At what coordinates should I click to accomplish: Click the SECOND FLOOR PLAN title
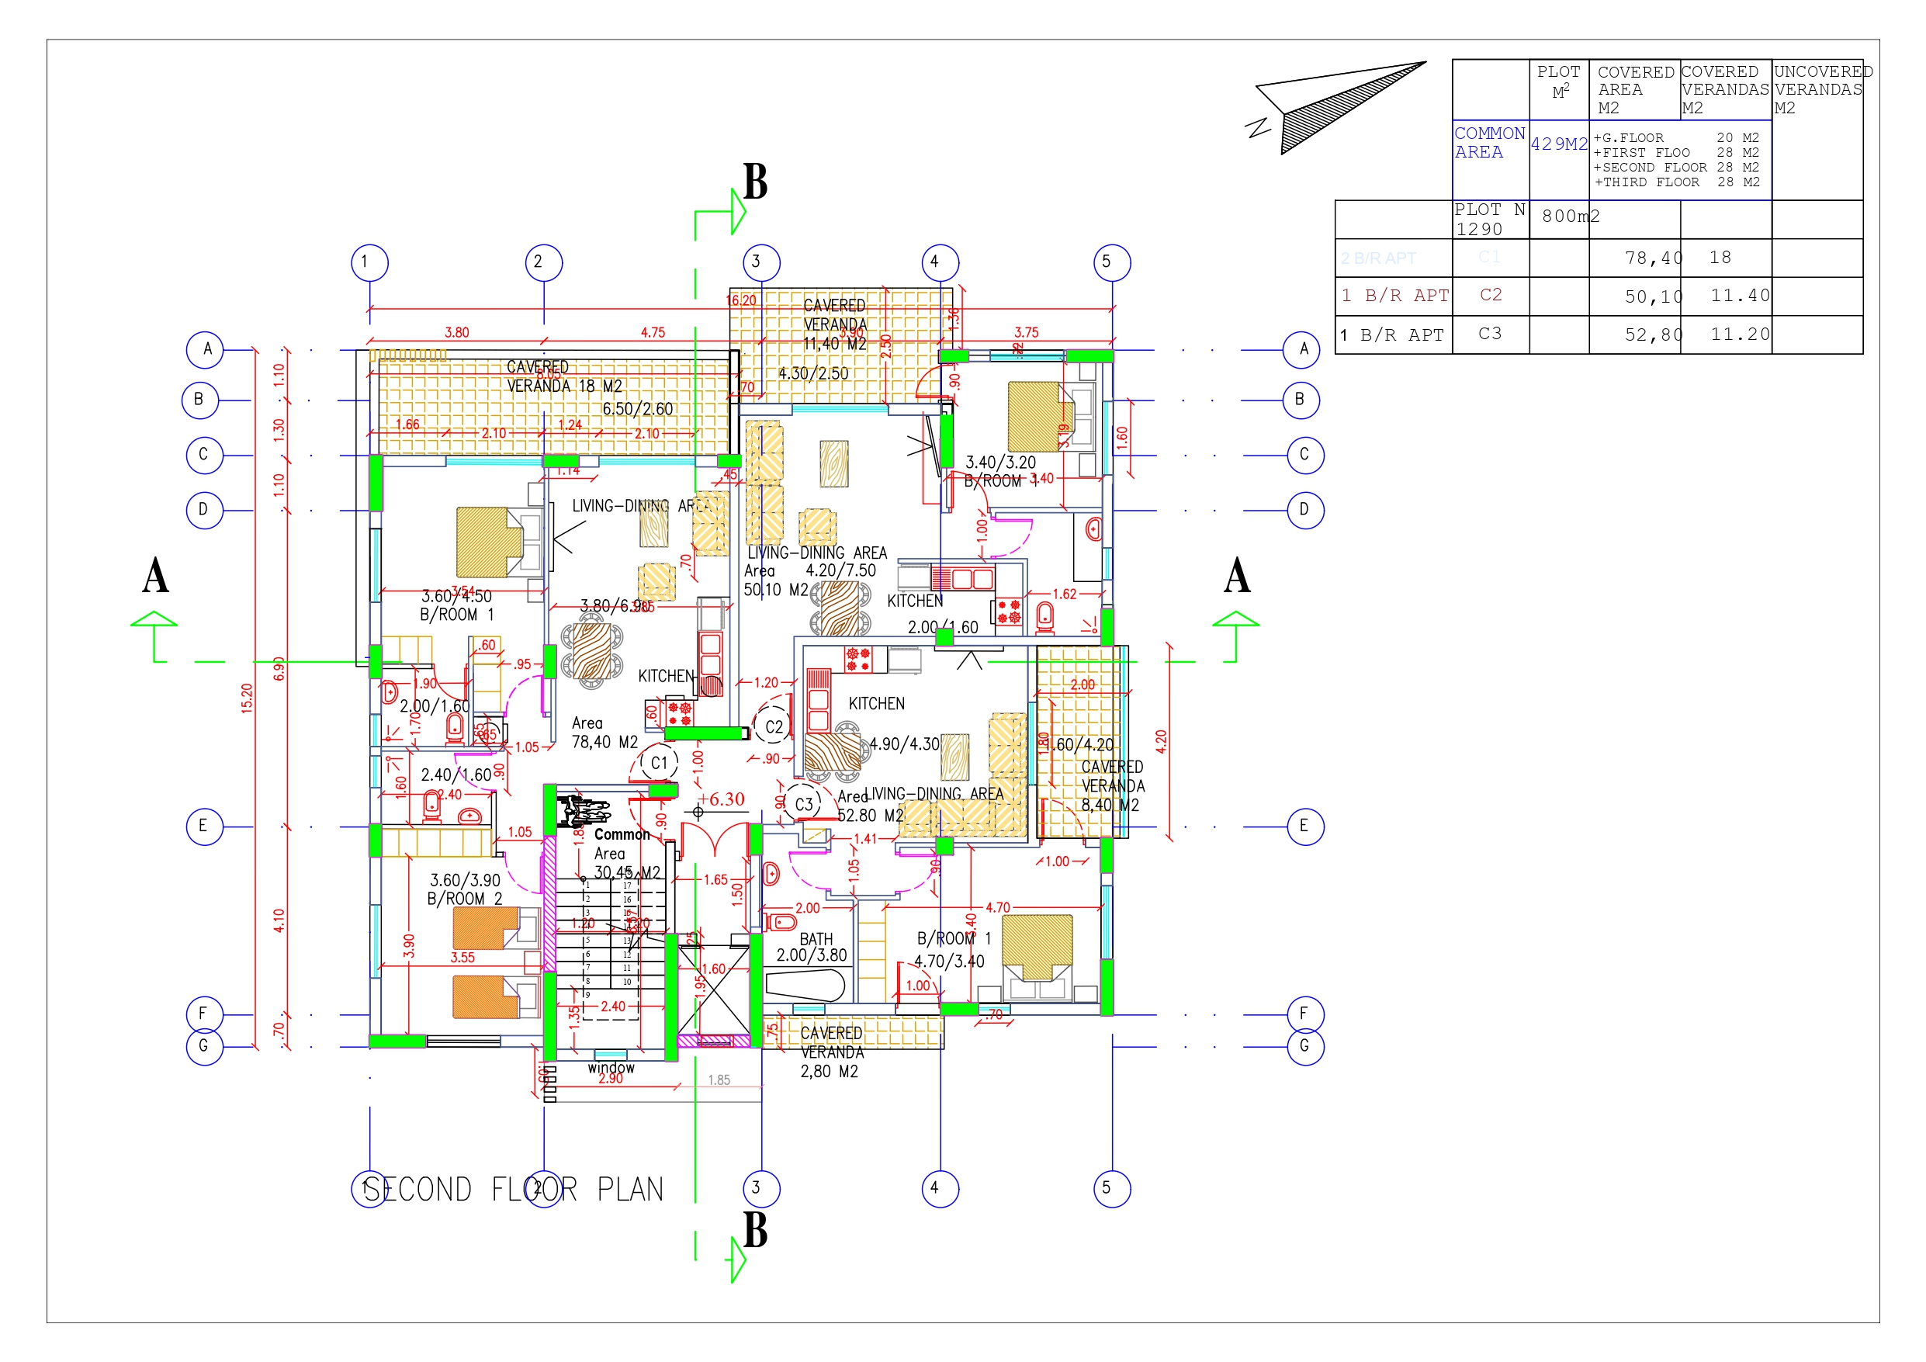pyautogui.click(x=514, y=1189)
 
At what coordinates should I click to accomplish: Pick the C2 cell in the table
pyautogui.click(x=1490, y=296)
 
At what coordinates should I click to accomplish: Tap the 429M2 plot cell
pyautogui.click(x=1559, y=144)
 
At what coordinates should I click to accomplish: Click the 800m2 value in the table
pyautogui.click(x=1571, y=217)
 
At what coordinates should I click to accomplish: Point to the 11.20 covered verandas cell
pyautogui.click(x=1740, y=334)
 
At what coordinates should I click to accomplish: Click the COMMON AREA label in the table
pyautogui.click(x=1489, y=143)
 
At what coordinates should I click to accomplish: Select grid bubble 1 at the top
pyautogui.click(x=369, y=262)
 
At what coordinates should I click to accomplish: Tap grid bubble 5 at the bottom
pyautogui.click(x=1111, y=1188)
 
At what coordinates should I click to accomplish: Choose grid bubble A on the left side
pyautogui.click(x=205, y=349)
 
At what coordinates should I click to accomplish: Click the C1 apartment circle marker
pyautogui.click(x=659, y=763)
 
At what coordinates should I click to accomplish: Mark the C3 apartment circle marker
pyautogui.click(x=803, y=804)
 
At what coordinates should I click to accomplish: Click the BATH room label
pyautogui.click(x=816, y=940)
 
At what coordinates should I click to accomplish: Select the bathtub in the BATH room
pyautogui.click(x=804, y=985)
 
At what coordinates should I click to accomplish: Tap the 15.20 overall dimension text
pyautogui.click(x=247, y=698)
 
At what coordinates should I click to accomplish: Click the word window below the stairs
pyautogui.click(x=611, y=1067)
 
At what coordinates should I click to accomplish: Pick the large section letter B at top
pyautogui.click(x=755, y=182)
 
